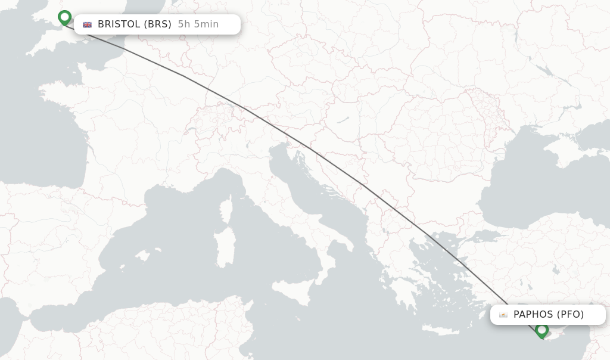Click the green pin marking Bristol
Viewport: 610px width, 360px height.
64,17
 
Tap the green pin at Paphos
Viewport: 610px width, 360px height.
541,329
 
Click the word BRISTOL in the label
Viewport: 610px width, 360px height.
119,24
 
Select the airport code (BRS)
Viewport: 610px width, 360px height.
158,24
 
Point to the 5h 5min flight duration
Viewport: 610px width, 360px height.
198,24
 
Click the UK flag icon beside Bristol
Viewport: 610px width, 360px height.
88,24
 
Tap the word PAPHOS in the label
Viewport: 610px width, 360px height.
533,314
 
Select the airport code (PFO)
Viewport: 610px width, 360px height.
570,314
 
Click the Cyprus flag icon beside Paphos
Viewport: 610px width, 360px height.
503,315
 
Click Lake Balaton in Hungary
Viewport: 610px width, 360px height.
343,120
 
